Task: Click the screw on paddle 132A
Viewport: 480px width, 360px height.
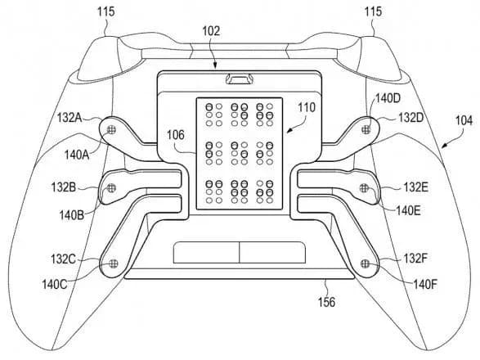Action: point(112,128)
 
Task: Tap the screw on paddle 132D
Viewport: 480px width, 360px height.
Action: point(367,128)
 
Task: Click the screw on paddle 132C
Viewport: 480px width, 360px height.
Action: point(112,263)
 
